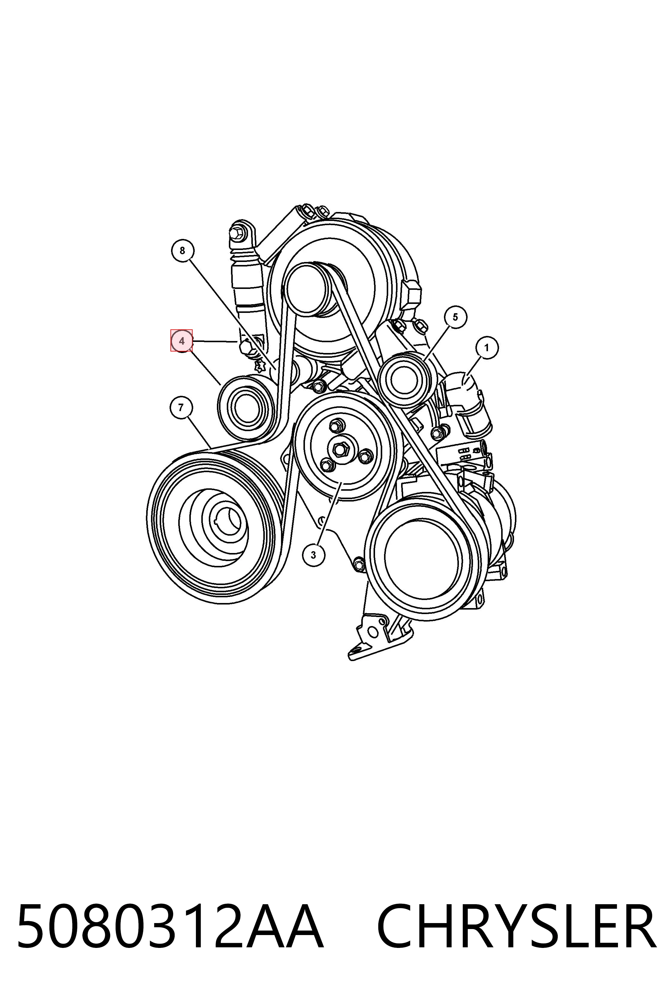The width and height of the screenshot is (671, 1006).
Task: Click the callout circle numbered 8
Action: pyautogui.click(x=182, y=251)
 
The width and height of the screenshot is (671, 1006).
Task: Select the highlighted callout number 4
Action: pyautogui.click(x=182, y=341)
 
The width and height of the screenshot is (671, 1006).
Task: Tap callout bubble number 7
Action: pyautogui.click(x=181, y=407)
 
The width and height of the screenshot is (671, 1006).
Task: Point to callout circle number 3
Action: pyautogui.click(x=314, y=555)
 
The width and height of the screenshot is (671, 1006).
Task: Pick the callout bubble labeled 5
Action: pyautogui.click(x=455, y=317)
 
